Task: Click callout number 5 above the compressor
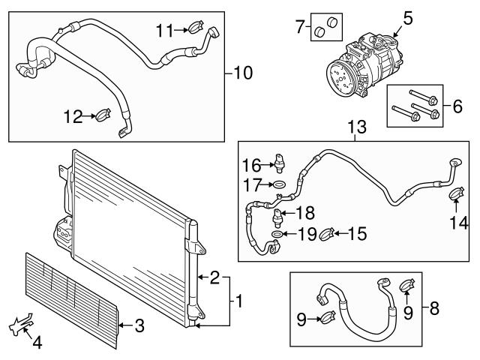pos(407,16)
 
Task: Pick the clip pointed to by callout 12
pos(103,116)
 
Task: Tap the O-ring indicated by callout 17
pos(278,184)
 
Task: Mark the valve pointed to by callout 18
pos(279,217)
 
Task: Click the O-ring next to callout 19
pos(277,235)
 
